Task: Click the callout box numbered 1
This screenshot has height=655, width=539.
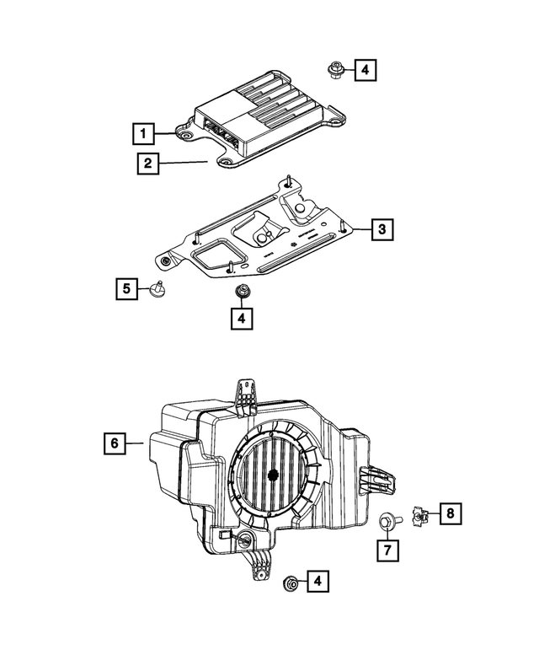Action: coord(144,133)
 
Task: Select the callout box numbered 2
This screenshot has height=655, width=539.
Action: coord(147,164)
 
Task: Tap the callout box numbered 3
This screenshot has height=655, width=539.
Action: coord(381,228)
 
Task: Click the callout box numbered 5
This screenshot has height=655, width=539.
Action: coord(127,290)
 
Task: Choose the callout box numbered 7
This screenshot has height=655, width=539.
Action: coord(387,550)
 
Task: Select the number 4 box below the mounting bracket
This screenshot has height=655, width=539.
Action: coord(241,318)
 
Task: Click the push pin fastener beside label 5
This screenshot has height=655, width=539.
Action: coord(157,289)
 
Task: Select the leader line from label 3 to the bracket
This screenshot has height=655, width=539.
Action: coord(360,228)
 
